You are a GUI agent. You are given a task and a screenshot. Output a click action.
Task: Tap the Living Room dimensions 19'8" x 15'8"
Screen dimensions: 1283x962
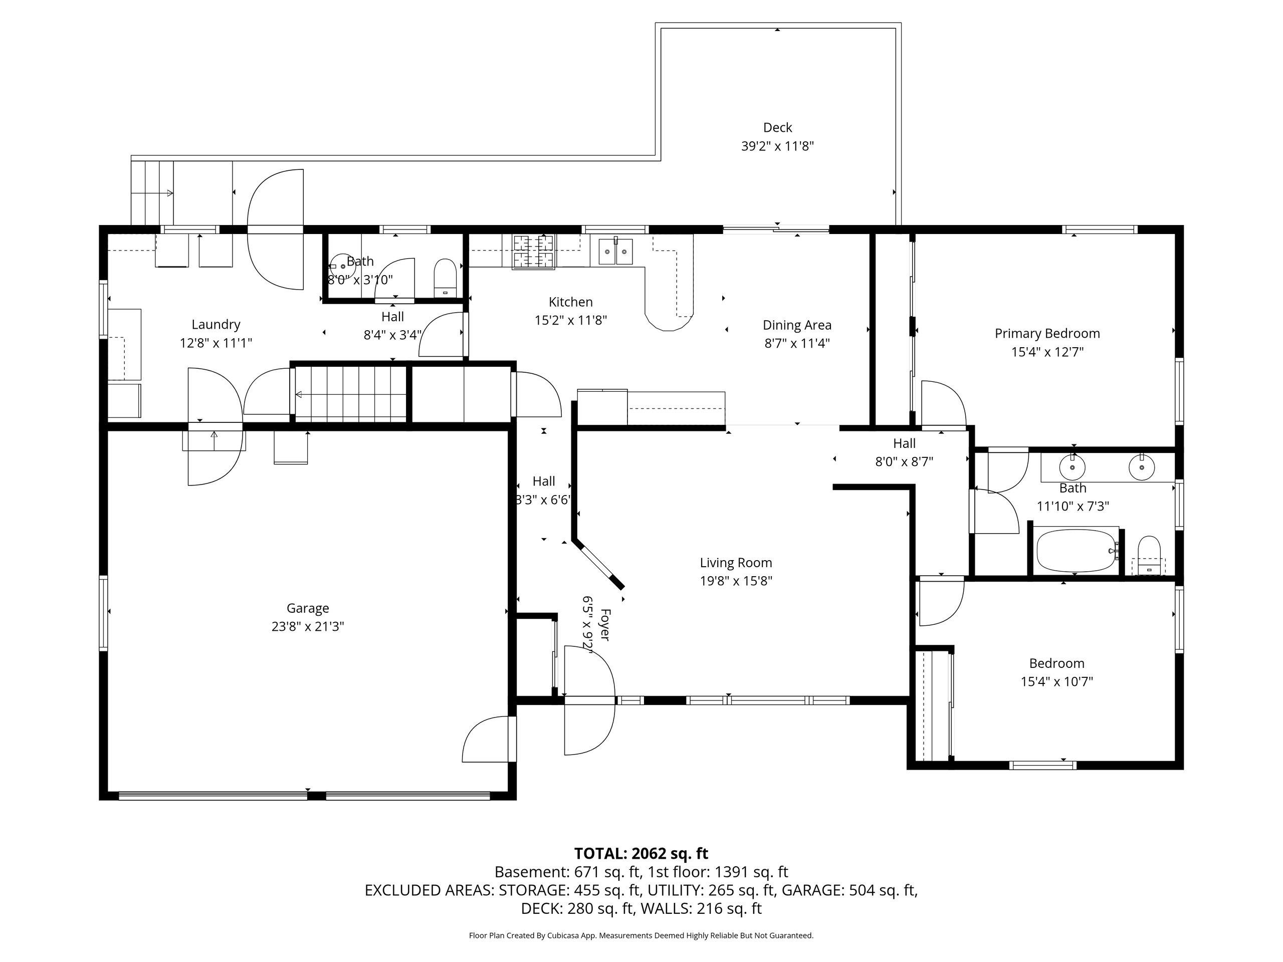[x=736, y=580]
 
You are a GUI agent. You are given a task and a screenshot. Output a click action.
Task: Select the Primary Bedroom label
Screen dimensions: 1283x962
[x=1047, y=333]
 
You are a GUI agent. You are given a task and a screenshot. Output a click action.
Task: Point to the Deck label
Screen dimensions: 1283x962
[x=777, y=128]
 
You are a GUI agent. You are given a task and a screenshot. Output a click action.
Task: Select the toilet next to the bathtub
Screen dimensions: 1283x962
[x=1149, y=555]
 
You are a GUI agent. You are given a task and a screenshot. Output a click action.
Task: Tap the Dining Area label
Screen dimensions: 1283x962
[x=797, y=325]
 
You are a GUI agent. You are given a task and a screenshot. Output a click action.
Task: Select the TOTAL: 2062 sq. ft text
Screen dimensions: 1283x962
[x=641, y=854]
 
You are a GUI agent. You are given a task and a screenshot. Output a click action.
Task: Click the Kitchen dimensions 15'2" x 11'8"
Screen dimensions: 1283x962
[x=571, y=320]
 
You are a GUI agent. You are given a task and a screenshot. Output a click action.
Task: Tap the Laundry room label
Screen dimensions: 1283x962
[x=216, y=325]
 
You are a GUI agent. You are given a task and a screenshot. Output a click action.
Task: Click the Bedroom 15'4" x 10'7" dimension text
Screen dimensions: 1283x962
[x=1057, y=681]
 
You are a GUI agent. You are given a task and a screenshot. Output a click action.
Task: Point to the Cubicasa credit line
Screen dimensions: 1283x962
[x=641, y=935]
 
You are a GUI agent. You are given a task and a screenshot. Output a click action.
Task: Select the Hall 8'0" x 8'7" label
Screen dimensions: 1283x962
[x=904, y=453]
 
